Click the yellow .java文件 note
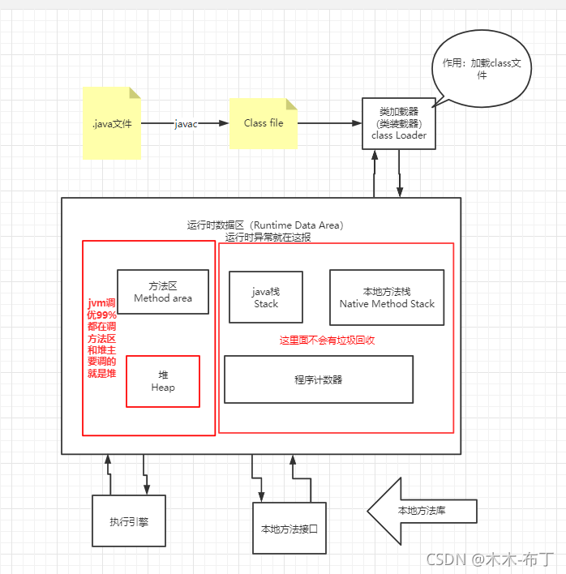click(111, 123)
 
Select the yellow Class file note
click(264, 123)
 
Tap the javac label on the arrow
click(186, 123)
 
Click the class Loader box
click(398, 123)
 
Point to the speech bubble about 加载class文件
click(482, 70)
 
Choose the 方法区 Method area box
click(163, 292)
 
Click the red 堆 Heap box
click(163, 381)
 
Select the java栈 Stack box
click(265, 297)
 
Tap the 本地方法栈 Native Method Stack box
click(387, 297)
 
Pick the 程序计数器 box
click(318, 379)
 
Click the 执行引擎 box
click(128, 520)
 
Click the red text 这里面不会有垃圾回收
click(327, 341)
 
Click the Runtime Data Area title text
click(264, 225)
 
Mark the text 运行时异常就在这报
click(268, 238)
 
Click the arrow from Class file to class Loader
click(329, 123)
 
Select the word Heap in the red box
click(163, 388)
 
